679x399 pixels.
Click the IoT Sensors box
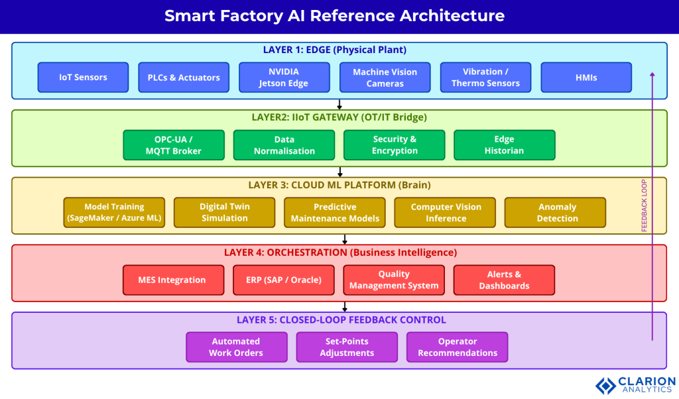(83, 77)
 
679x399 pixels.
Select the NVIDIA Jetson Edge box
(284, 77)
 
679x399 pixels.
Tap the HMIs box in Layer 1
(586, 77)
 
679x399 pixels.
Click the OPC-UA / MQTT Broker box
(174, 144)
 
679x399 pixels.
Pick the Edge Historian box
(504, 144)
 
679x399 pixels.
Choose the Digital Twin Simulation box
(224, 212)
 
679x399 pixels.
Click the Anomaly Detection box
(554, 212)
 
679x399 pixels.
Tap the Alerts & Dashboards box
(504, 280)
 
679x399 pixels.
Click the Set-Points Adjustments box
(347, 347)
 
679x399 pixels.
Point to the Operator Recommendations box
(457, 347)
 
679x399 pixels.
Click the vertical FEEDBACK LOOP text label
(644, 205)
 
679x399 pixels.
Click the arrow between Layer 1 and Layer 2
(339, 104)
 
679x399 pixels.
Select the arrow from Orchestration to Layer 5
(344, 307)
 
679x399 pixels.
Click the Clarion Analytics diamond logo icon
(605, 385)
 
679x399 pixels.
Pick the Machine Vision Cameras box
(385, 77)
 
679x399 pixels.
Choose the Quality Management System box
(394, 280)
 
